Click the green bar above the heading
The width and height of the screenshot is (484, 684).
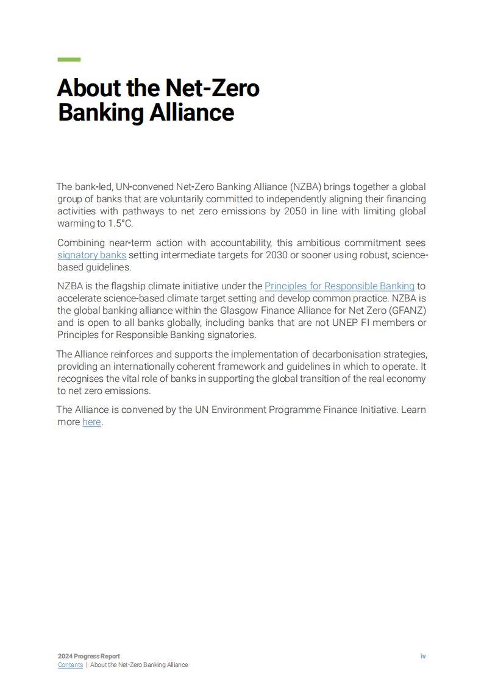pyautogui.click(x=69, y=60)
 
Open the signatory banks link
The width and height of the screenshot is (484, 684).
pyautogui.click(x=91, y=255)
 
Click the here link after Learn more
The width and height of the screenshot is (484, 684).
pyautogui.click(x=91, y=422)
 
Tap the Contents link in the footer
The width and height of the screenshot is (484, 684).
pyautogui.click(x=70, y=665)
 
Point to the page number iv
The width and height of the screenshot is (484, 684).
pyautogui.click(x=423, y=656)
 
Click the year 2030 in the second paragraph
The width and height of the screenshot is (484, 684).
pyautogui.click(x=278, y=255)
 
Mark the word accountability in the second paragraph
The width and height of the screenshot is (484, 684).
pyautogui.click(x=236, y=243)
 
